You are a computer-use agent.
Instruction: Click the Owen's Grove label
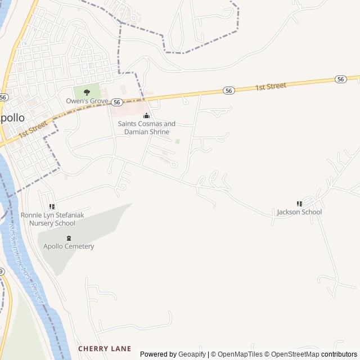[87, 101]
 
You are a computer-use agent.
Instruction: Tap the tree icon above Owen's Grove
[87, 92]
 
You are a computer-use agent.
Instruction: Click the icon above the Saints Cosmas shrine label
[146, 116]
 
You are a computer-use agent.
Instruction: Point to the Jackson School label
[299, 212]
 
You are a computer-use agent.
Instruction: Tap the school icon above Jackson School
[299, 204]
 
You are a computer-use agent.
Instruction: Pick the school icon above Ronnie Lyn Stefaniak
[52, 207]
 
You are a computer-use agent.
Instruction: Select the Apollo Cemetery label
[69, 246]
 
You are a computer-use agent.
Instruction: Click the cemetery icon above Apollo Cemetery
[69, 238]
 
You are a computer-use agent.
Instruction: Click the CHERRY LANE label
[105, 349]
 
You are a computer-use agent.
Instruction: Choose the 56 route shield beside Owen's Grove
[116, 102]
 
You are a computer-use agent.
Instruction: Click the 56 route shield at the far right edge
[341, 79]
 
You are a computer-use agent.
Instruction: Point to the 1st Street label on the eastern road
[271, 87]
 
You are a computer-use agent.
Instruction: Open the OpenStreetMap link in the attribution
[292, 354]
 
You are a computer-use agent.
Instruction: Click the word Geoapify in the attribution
[192, 354]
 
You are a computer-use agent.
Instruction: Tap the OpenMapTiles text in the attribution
[240, 354]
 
